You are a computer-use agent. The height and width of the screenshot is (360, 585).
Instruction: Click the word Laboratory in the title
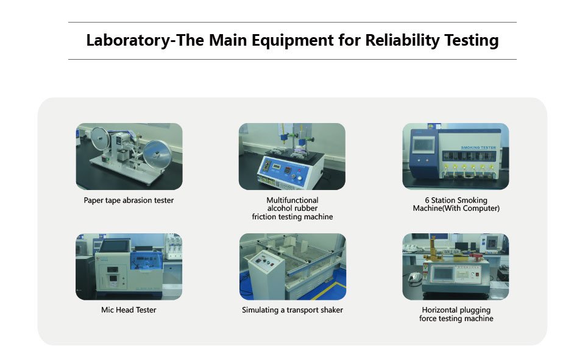click(128, 41)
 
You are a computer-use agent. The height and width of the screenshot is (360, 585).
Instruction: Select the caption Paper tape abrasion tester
click(129, 200)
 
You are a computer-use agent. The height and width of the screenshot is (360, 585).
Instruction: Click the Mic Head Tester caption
click(129, 309)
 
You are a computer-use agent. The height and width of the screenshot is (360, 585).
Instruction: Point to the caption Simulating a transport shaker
click(292, 309)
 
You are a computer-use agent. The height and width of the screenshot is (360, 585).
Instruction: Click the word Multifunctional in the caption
click(292, 200)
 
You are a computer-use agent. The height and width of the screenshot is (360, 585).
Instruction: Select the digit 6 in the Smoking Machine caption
click(427, 200)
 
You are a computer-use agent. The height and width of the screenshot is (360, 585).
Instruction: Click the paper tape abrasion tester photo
click(129, 157)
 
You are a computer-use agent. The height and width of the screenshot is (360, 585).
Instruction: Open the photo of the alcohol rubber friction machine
click(292, 157)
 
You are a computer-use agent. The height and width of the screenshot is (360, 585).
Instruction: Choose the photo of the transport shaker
click(292, 266)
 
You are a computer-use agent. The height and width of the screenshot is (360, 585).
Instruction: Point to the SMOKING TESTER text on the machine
click(478, 148)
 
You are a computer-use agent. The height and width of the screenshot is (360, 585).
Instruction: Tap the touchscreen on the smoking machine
click(424, 144)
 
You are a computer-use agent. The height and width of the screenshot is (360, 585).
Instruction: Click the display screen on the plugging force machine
click(443, 274)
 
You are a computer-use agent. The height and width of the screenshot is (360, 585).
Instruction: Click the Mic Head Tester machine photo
click(129, 266)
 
